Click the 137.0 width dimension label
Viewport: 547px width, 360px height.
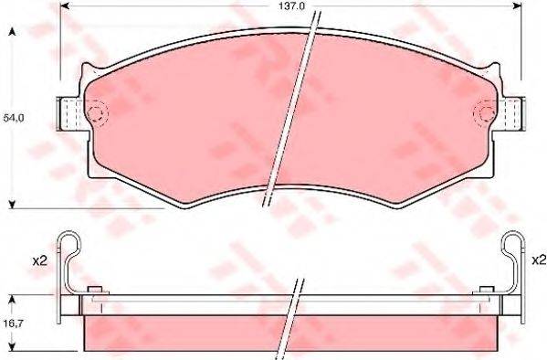pos(291,5)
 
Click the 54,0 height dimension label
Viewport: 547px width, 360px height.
pos(14,118)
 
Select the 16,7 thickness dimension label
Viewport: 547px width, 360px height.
pos(14,323)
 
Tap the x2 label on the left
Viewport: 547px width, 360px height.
pos(39,260)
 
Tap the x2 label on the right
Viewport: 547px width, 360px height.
pos(539,260)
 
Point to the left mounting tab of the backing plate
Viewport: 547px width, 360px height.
pos(69,114)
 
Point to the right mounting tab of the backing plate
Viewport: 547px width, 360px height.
pos(512,114)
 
